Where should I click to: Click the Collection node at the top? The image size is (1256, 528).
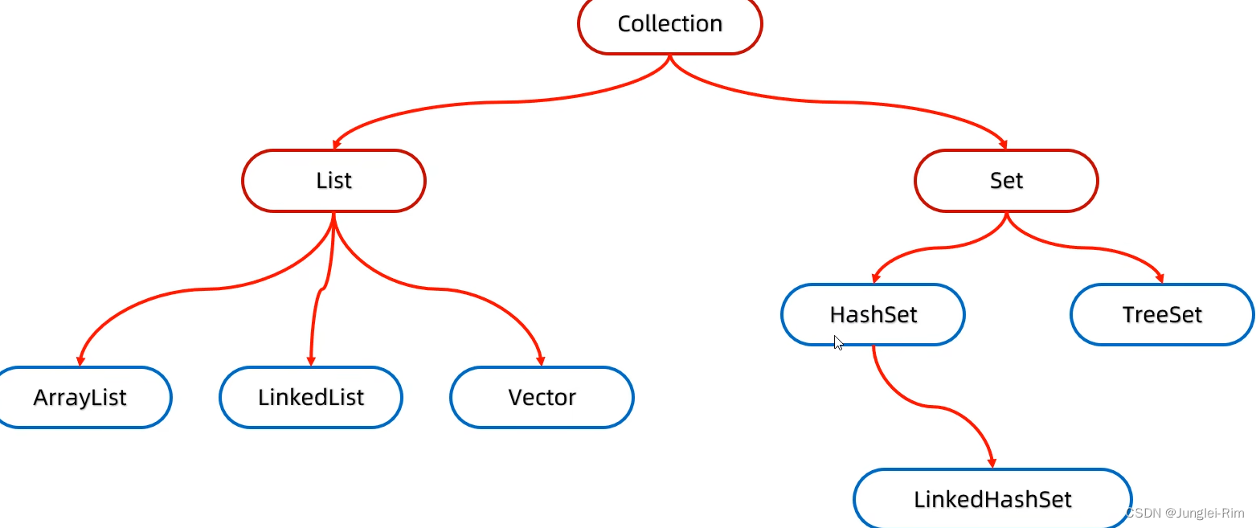click(669, 24)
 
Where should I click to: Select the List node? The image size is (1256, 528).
click(333, 181)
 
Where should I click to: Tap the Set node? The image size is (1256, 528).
click(1006, 181)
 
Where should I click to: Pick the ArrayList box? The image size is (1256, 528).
click(80, 398)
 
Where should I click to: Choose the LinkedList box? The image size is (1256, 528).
click(311, 398)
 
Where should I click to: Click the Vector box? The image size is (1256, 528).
click(542, 398)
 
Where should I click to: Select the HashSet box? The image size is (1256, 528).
click(873, 314)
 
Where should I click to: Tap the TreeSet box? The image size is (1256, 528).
click(1162, 314)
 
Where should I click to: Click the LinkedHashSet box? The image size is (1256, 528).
click(992, 499)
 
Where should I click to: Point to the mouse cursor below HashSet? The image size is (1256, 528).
click(838, 342)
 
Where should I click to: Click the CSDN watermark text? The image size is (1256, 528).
click(1184, 513)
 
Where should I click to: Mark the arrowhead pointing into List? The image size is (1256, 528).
click(336, 145)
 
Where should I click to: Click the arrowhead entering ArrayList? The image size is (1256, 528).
click(80, 362)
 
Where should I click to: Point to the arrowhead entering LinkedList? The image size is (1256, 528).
click(311, 362)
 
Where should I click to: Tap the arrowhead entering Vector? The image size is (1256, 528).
click(542, 362)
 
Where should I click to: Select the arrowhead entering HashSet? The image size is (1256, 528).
click(875, 279)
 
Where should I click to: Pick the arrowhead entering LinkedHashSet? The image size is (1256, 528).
click(992, 464)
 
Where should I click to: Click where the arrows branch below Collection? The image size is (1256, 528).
click(669, 58)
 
